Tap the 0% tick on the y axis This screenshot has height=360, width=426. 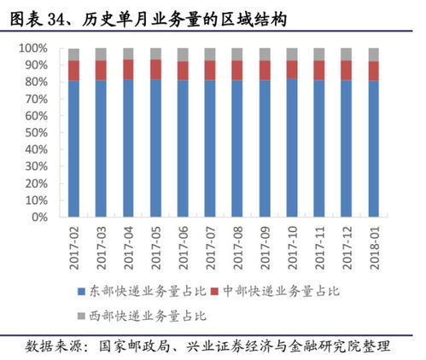pyautogui.click(x=40, y=218)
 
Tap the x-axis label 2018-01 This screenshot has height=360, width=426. pyautogui.click(x=374, y=244)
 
